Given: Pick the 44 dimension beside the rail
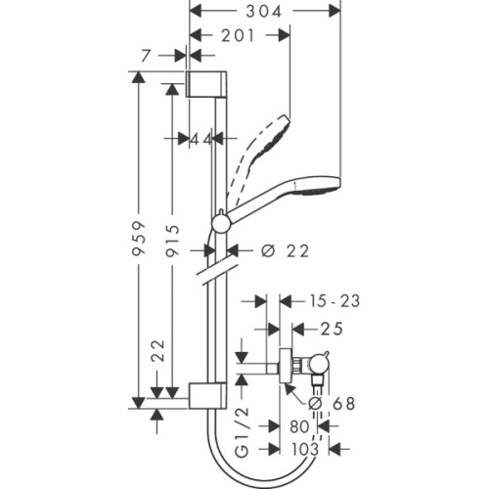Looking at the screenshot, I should click(x=201, y=140).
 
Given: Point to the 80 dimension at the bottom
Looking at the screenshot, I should click(x=299, y=426).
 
